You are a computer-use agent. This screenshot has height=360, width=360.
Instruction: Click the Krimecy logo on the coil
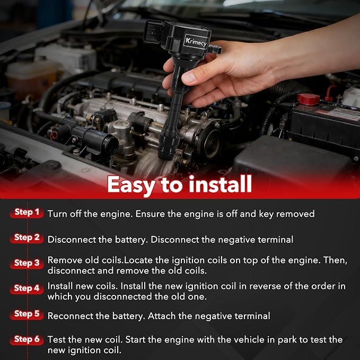(196, 41)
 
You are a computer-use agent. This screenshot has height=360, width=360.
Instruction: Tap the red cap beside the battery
(309, 99)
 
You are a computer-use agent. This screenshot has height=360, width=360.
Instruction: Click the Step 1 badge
(27, 213)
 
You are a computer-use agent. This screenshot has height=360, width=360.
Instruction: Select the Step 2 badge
(27, 238)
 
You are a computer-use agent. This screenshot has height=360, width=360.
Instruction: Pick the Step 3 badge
(27, 263)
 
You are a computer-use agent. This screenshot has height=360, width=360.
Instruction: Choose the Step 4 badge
(27, 288)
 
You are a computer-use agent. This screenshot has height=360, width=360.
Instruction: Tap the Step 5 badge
(27, 314)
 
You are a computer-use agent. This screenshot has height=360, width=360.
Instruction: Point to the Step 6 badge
(27, 339)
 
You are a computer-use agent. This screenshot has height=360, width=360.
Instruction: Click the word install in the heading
(221, 184)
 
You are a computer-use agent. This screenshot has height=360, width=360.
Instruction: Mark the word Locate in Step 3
(138, 260)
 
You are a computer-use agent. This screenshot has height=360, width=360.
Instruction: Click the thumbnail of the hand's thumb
(188, 78)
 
